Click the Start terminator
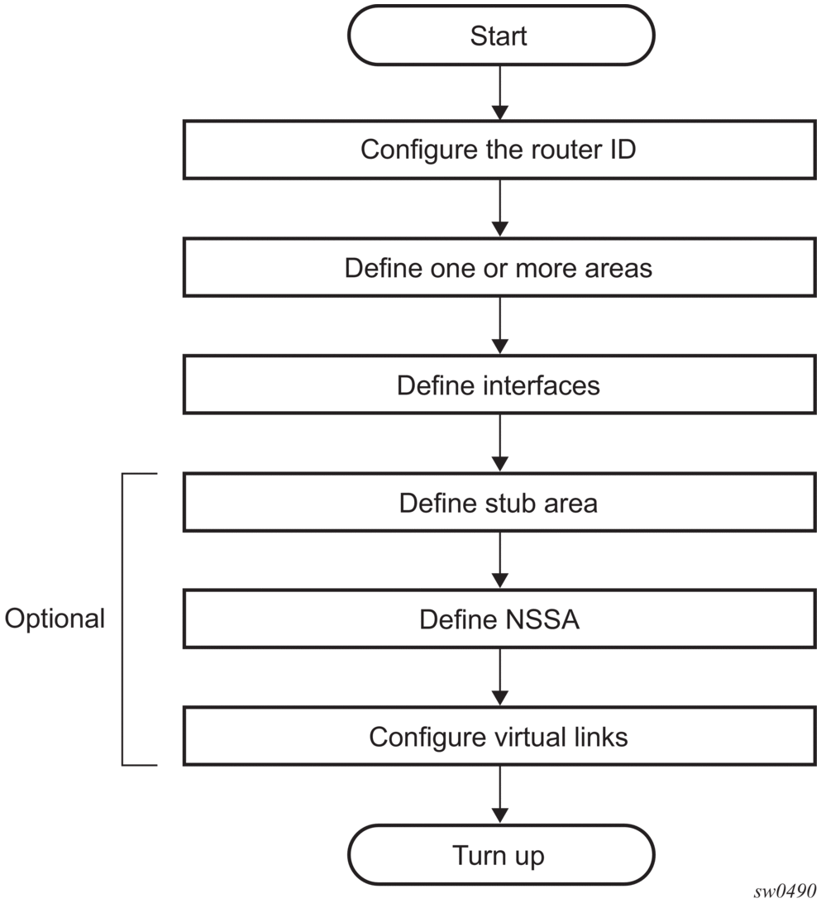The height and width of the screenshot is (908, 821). (501, 36)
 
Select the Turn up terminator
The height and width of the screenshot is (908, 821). (501, 855)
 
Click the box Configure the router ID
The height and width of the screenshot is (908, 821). (499, 150)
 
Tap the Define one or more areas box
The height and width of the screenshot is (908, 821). (499, 268)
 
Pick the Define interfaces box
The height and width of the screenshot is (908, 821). (499, 385)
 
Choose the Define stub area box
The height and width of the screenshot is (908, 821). (499, 503)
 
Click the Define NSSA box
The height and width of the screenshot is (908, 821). (499, 619)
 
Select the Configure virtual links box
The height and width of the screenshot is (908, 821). (499, 737)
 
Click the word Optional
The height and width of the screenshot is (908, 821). (55, 619)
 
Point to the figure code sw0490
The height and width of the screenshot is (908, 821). (785, 890)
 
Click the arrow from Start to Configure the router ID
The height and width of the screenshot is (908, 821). (499, 93)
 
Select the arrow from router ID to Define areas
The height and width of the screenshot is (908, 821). (499, 208)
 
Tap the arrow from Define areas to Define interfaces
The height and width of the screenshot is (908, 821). (499, 326)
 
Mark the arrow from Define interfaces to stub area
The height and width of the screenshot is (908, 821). (499, 443)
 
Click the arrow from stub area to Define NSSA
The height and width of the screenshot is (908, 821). (499, 561)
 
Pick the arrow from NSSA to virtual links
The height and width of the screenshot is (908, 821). (499, 677)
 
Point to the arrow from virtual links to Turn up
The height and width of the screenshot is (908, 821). (499, 795)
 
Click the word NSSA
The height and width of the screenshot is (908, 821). (542, 619)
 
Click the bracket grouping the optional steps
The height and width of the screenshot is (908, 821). (122, 619)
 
